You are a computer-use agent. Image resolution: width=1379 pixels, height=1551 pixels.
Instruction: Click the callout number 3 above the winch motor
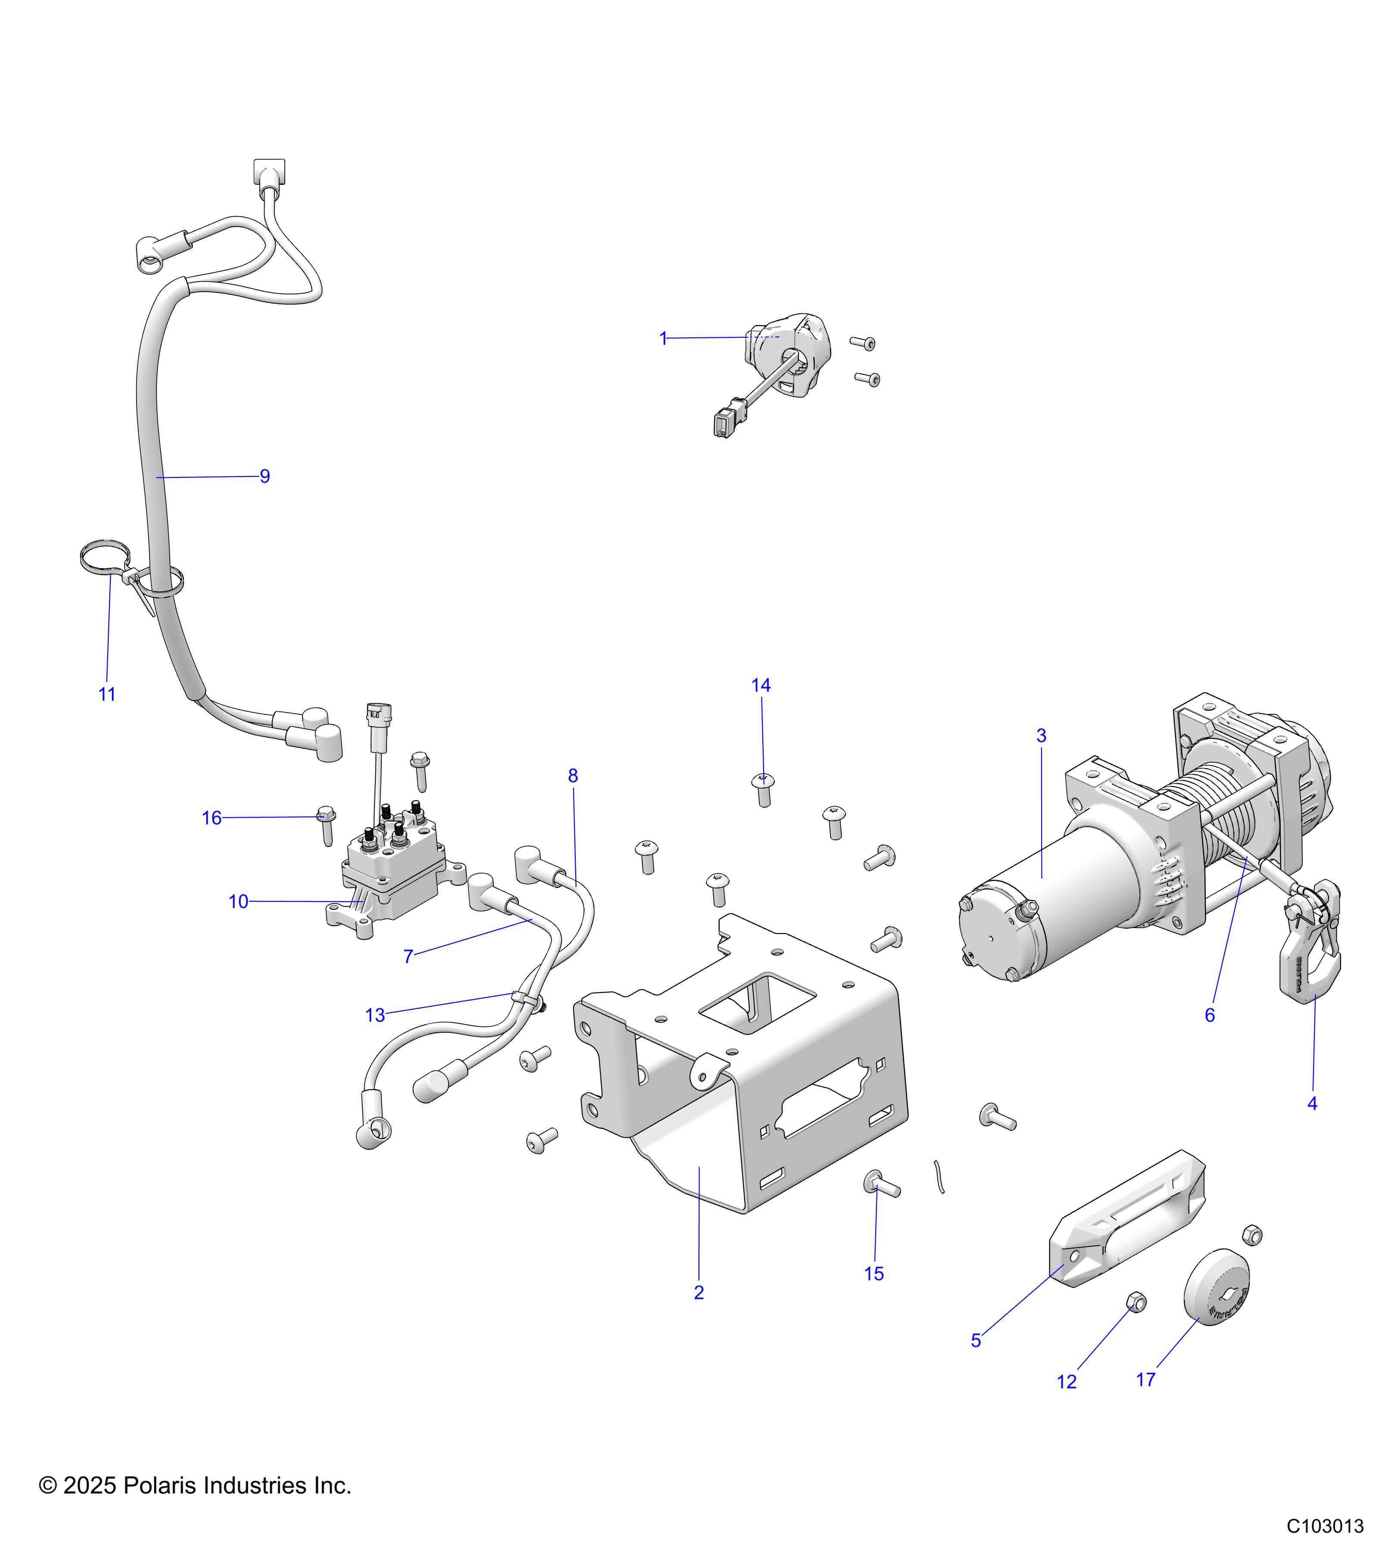click(1041, 735)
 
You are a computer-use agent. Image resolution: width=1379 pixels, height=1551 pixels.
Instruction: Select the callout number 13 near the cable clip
click(375, 1015)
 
